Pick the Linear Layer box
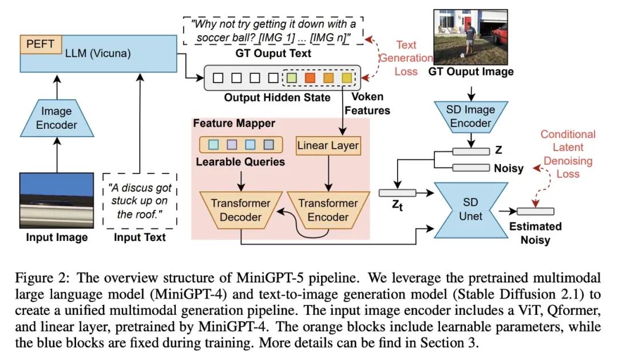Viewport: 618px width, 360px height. [328, 145]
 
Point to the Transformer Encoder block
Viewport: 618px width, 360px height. [328, 209]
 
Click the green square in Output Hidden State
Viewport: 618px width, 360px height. [291, 77]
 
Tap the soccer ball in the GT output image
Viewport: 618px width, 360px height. [462, 56]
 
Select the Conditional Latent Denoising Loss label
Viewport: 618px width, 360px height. [568, 153]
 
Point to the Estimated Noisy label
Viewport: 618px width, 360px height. [536, 233]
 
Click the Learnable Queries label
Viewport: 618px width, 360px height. [241, 162]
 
